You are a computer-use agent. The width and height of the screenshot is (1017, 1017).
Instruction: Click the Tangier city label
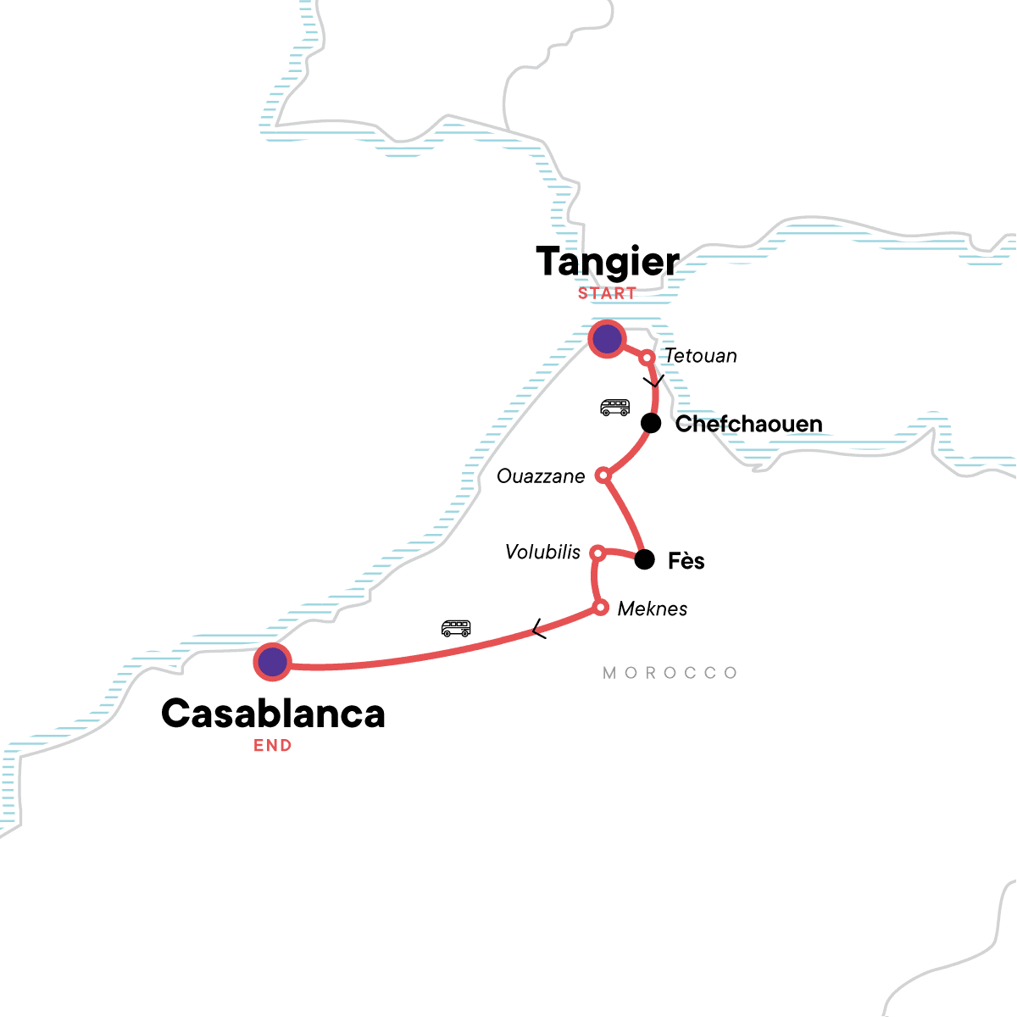[608, 262]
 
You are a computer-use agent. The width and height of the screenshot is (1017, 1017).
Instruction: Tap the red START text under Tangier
[607, 294]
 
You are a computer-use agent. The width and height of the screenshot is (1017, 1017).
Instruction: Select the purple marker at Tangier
[607, 339]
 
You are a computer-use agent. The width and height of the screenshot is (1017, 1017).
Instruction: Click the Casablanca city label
[273, 714]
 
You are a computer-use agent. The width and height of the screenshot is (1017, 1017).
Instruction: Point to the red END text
[273, 746]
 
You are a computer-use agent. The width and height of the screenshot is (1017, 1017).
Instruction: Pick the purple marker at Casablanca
[272, 662]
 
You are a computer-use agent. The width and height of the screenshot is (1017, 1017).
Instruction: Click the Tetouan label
[700, 356]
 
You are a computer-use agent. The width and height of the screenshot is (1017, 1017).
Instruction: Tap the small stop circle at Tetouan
[647, 358]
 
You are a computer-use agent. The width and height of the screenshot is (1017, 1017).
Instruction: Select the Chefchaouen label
[748, 424]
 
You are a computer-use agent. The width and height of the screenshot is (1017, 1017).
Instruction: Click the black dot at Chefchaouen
[650, 423]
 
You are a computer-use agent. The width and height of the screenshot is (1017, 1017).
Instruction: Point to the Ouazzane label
[541, 476]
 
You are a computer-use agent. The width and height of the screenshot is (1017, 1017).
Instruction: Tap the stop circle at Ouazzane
[603, 475]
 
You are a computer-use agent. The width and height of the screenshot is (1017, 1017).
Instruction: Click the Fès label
[686, 561]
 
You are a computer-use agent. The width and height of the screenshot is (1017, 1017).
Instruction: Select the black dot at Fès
[645, 559]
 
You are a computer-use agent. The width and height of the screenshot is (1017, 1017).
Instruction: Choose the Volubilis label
[542, 553]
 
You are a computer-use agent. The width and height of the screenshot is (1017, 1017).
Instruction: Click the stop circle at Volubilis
[597, 553]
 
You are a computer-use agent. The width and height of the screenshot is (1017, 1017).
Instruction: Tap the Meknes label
[653, 609]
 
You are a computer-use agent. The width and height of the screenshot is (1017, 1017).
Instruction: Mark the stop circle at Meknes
[600, 608]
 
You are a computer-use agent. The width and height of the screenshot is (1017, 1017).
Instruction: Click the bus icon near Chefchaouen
[614, 408]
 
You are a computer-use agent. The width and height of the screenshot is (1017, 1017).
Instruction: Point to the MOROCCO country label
[670, 673]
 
